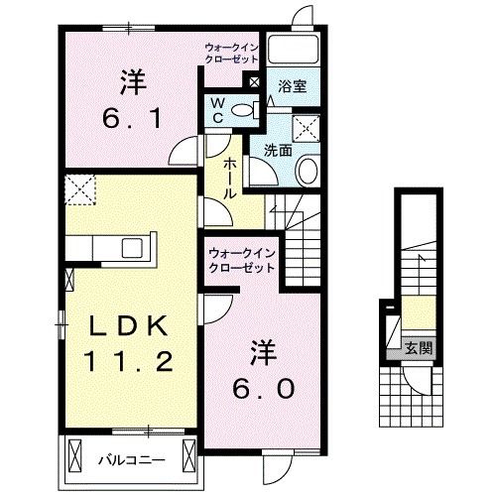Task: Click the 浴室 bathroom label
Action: pyautogui.click(x=292, y=86)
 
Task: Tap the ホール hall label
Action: pyautogui.click(x=229, y=180)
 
